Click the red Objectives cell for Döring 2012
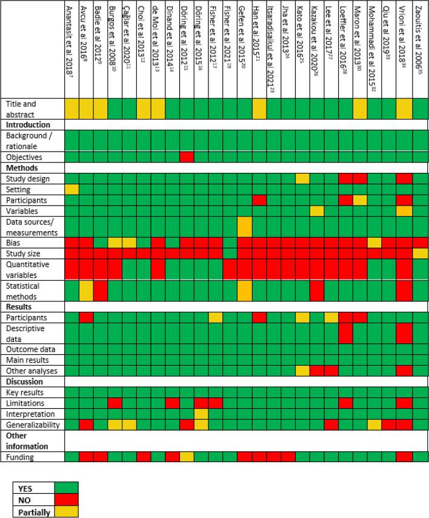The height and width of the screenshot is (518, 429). click(x=187, y=157)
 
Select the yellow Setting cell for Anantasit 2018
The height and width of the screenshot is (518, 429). click(x=72, y=189)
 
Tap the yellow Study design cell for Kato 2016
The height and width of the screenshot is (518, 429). click(x=302, y=178)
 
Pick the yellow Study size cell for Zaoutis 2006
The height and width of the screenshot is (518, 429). click(x=421, y=253)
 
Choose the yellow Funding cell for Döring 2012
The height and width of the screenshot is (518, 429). click(x=187, y=457)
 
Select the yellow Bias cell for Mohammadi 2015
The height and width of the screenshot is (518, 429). click(x=374, y=242)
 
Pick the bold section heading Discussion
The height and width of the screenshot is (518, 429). click(x=24, y=382)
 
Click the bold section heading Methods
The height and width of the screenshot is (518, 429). click(x=21, y=168)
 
